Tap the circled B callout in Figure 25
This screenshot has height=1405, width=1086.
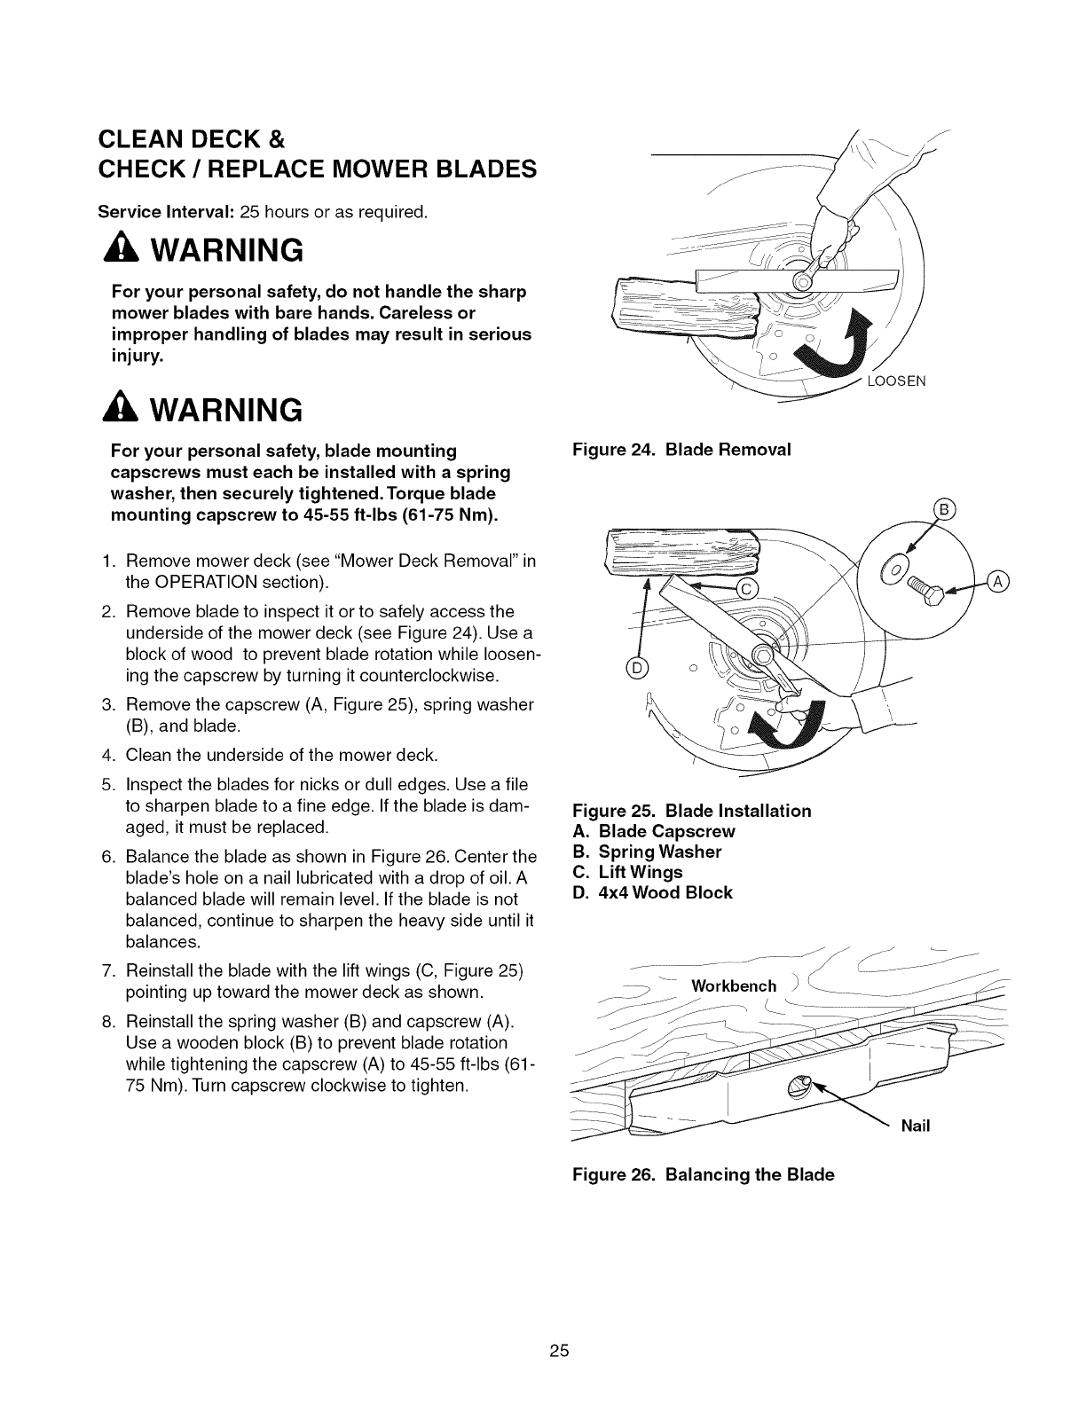tap(943, 510)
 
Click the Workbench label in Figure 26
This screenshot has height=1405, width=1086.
tap(734, 986)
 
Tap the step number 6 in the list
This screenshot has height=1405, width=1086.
tap(106, 857)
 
